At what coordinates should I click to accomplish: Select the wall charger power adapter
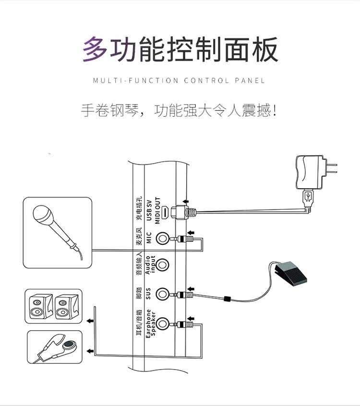click(312, 170)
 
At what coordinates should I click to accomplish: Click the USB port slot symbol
click(164, 212)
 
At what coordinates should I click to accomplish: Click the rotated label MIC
click(149, 238)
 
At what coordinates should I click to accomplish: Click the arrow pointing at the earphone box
click(90, 352)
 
